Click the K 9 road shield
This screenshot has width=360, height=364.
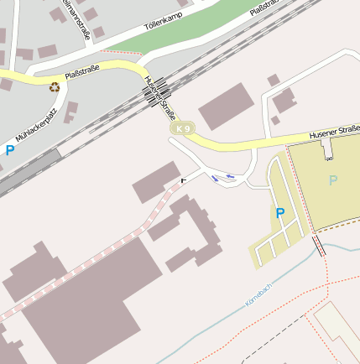coord(183,128)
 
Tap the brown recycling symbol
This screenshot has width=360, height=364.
coord(55,86)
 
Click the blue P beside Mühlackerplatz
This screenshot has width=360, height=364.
coord(10,151)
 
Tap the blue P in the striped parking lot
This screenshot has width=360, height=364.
coord(279,214)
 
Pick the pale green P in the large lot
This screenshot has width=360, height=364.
coord(333,180)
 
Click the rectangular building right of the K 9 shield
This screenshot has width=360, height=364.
coord(225,107)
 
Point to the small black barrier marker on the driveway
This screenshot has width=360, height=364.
coord(184,180)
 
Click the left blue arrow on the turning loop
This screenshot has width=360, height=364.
coord(216,177)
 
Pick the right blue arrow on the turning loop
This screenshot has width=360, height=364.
coord(231,177)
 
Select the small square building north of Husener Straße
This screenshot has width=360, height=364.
coord(274,81)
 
